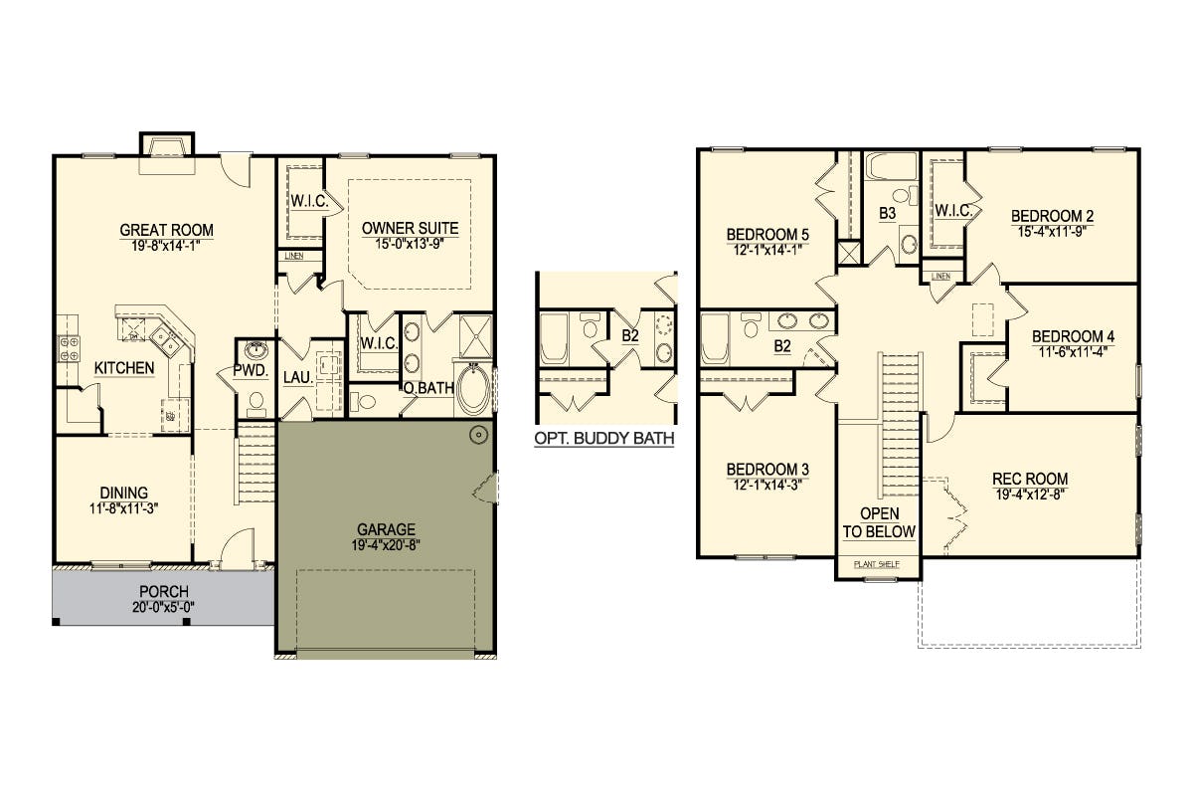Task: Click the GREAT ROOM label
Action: (166, 230)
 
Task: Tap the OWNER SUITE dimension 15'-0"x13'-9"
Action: (410, 244)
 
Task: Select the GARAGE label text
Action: (386, 529)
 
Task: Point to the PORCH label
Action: (163, 591)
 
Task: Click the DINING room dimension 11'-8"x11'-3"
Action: (124, 508)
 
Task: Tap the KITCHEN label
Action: (124, 368)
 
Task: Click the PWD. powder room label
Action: (251, 371)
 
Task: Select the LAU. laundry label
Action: (297, 377)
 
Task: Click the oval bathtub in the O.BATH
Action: (473, 389)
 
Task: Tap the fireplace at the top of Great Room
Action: (167, 153)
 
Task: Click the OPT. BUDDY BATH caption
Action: (604, 438)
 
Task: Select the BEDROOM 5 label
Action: (767, 234)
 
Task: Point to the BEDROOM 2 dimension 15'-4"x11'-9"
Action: (1052, 232)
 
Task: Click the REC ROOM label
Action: (1030, 479)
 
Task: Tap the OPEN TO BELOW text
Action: (879, 522)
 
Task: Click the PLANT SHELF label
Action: (877, 564)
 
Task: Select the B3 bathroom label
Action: (887, 213)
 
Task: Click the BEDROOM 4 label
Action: (1073, 336)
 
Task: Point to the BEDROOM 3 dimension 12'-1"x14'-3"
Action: (767, 486)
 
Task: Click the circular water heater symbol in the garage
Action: (479, 435)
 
